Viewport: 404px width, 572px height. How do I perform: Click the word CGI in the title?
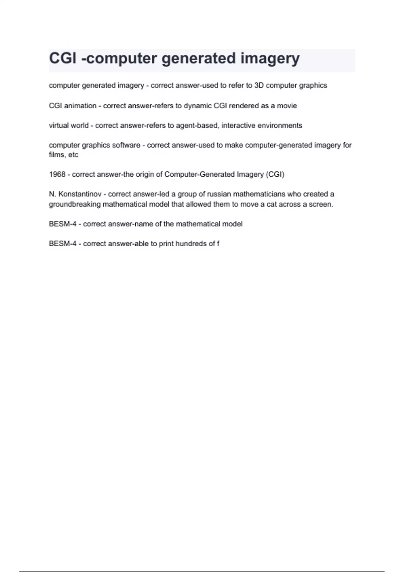63,58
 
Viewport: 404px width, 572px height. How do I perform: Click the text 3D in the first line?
259,85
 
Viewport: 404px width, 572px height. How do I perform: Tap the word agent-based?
197,126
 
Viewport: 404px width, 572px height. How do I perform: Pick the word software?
126,145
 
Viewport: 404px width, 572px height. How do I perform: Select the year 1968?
57,174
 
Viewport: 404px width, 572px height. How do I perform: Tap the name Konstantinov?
80,194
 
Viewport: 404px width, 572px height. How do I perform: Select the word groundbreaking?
75,204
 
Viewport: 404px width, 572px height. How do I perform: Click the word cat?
272,204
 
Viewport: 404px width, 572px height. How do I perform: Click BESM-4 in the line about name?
63,224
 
